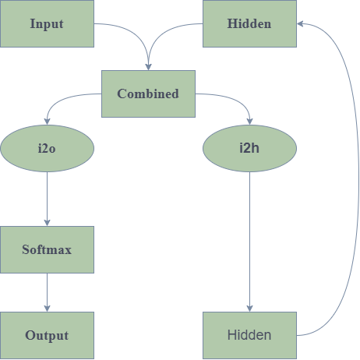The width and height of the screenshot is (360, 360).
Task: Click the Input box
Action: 47,23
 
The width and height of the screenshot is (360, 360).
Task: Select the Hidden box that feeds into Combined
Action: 249,23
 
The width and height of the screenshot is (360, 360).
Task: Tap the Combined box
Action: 148,94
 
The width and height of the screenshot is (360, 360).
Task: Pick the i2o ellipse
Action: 47,148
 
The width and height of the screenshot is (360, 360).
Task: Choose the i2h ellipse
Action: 249,148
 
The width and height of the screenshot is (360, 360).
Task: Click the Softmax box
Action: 47,249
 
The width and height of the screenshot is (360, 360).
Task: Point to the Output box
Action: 47,335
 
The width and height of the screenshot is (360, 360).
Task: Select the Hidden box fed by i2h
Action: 249,335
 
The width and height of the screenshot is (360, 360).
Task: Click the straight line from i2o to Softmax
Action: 47,199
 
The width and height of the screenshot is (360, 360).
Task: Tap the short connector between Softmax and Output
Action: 47,292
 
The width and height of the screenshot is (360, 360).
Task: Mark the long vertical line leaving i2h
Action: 249,242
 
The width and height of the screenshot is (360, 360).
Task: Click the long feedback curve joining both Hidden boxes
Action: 359,179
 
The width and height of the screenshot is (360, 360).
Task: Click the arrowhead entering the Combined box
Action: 148,67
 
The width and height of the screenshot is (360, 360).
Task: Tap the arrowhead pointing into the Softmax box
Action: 47,223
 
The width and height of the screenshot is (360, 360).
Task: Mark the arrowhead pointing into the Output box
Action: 47,309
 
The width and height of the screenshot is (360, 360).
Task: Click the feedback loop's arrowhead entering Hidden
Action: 300,23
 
